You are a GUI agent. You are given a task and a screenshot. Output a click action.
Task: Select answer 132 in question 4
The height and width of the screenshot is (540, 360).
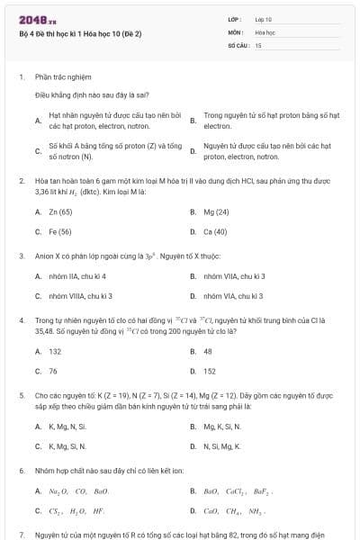coord(55,351)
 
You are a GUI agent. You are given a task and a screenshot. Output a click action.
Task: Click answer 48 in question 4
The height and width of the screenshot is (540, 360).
coord(208,351)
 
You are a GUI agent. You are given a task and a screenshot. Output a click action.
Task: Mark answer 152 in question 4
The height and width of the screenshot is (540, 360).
coord(210,371)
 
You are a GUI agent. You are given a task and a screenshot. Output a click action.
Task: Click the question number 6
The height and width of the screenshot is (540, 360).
coord(21,471)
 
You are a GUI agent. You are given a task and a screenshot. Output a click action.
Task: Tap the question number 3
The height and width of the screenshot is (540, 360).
coord(21,256)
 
